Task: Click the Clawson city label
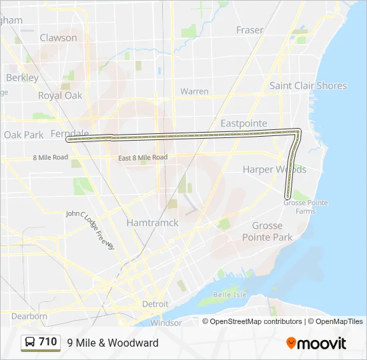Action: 59,38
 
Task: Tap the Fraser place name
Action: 250,30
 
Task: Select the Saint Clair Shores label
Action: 308,85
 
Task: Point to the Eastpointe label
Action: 244,123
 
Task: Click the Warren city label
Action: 194,91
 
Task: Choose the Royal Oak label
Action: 60,95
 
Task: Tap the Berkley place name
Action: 22,77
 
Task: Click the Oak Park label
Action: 23,135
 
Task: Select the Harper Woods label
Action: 274,169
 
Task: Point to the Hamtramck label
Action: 153,223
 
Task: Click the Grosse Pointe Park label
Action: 267,231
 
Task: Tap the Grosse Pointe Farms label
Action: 300,207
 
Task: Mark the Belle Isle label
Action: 230,295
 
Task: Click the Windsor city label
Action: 166,323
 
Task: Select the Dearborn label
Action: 29,316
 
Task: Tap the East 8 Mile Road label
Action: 142,158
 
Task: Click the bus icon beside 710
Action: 30,342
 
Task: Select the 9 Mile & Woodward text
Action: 113,343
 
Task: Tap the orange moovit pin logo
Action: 291,343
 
